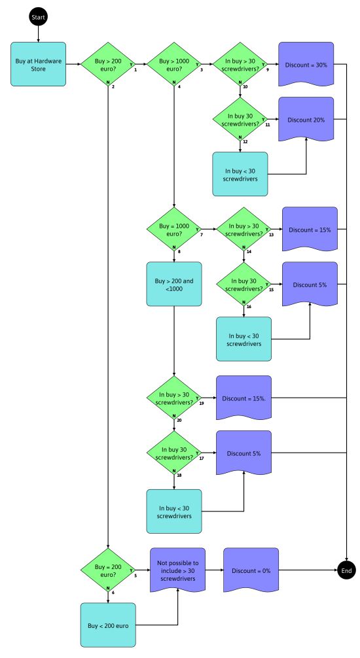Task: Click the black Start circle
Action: pyautogui.click(x=38, y=16)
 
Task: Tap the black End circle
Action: pyautogui.click(x=346, y=570)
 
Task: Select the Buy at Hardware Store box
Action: pyautogui.click(x=38, y=64)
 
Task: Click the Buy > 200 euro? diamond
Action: pyautogui.click(x=108, y=64)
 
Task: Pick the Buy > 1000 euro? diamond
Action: pyautogui.click(x=173, y=64)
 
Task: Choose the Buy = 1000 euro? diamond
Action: pyautogui.click(x=173, y=229)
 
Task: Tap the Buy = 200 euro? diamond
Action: pyautogui.click(x=108, y=570)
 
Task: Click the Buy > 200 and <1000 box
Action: pyautogui.click(x=173, y=285)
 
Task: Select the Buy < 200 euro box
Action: pyautogui.click(x=108, y=625)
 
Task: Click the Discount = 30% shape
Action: pyautogui.click(x=306, y=65)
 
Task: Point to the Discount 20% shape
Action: pyautogui.click(x=306, y=120)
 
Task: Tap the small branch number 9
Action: pyautogui.click(x=268, y=70)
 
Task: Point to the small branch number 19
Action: pyautogui.click(x=201, y=404)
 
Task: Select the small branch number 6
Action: pyautogui.click(x=113, y=592)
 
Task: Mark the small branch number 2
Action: pyautogui.click(x=113, y=86)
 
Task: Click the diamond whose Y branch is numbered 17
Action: pyautogui.click(x=173, y=453)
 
